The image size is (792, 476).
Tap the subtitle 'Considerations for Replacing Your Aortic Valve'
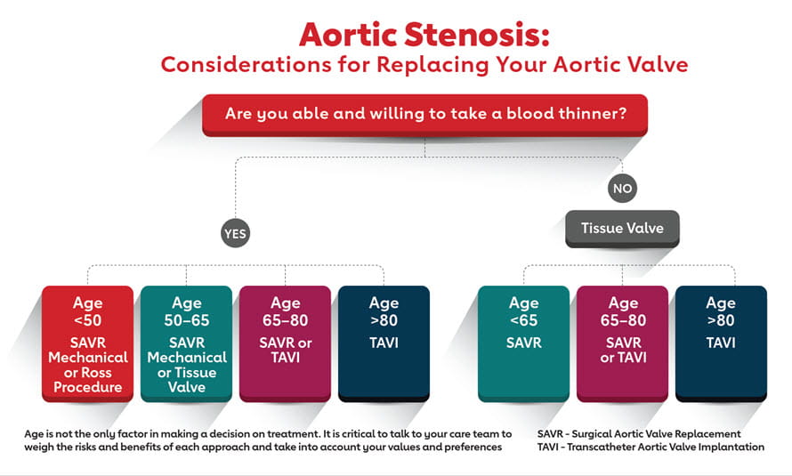click(424, 65)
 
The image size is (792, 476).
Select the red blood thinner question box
click(424, 115)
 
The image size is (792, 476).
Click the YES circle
click(236, 233)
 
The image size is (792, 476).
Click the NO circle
click(622, 188)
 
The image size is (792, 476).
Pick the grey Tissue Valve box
click(622, 228)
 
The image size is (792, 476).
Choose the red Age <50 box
click(87, 343)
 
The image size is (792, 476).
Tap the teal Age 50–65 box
click(187, 343)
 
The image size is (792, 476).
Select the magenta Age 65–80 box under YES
click(285, 343)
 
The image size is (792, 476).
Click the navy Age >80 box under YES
click(384, 343)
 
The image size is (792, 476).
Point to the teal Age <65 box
click(523, 343)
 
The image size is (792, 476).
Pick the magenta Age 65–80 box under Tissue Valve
click(622, 343)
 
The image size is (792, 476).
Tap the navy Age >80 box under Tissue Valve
click(721, 343)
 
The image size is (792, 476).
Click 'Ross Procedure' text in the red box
click(87, 379)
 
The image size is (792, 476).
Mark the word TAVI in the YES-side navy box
click(384, 342)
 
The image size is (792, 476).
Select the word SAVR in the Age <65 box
click(523, 342)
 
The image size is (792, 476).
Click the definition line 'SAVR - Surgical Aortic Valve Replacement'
click(639, 433)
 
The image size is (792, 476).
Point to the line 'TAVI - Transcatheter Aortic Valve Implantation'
click(651, 447)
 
